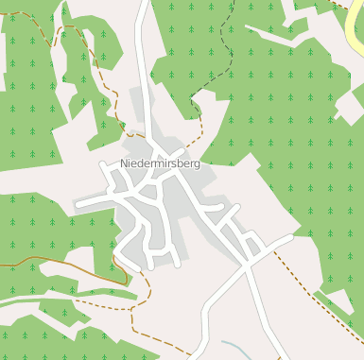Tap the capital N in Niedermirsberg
point(124,164)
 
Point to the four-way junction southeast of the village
point(248,264)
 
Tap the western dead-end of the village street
point(78,203)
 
